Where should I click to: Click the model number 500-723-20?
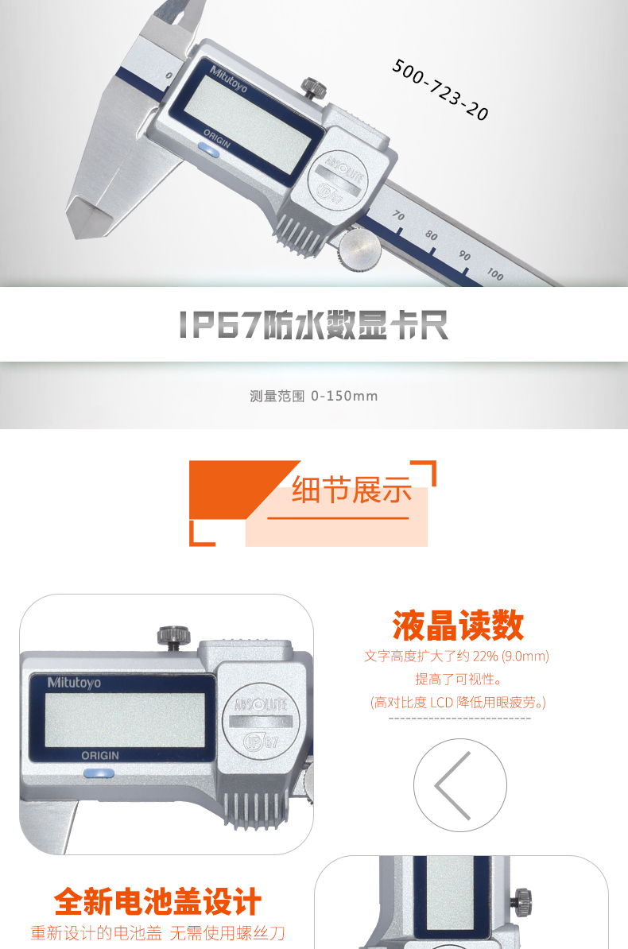[x=440, y=90]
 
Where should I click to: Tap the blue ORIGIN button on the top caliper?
[x=209, y=150]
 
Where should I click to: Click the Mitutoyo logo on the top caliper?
[x=228, y=79]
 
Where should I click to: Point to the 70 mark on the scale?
[x=398, y=215]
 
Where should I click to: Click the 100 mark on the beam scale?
[x=495, y=274]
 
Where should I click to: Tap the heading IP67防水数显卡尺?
[x=314, y=325]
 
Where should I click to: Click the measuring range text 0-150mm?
[x=344, y=396]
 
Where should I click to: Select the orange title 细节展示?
[x=352, y=490]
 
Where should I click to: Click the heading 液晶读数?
[x=458, y=626]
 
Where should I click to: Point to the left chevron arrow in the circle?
[x=452, y=785]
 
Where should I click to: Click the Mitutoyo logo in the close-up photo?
[x=74, y=683]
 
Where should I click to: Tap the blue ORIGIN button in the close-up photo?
[x=99, y=773]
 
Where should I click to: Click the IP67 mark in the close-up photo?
[x=261, y=742]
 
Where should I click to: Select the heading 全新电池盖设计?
[x=157, y=902]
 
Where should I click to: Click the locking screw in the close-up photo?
[x=174, y=637]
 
